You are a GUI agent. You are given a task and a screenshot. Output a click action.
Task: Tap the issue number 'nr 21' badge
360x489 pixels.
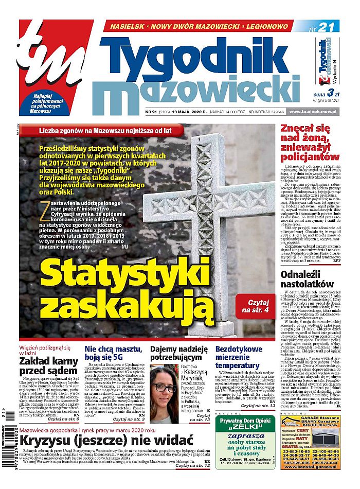pos(323,27)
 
